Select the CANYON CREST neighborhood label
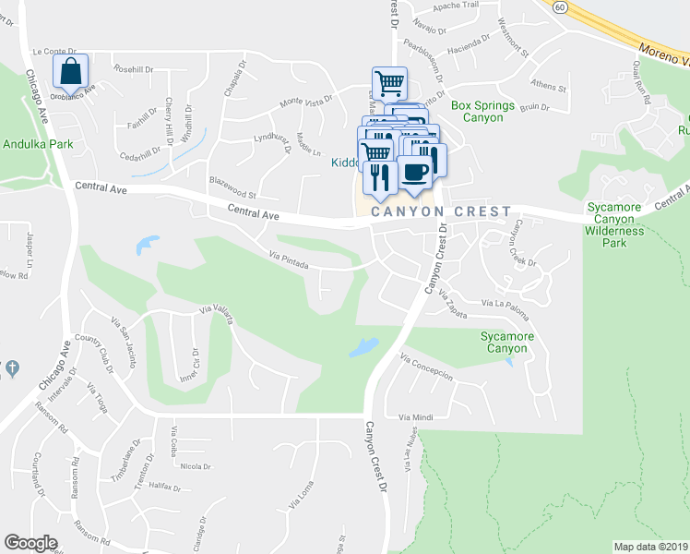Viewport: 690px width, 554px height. [441, 212]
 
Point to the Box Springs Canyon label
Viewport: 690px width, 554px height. [482, 112]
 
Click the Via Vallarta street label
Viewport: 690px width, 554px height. [218, 314]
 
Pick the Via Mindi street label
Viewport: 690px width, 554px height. [415, 417]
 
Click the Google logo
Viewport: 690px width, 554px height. [31, 543]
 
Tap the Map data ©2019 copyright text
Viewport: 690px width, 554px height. [651, 547]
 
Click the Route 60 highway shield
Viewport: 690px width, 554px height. [560, 6]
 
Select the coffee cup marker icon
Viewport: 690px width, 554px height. [414, 173]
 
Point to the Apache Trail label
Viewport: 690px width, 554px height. [459, 5]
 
